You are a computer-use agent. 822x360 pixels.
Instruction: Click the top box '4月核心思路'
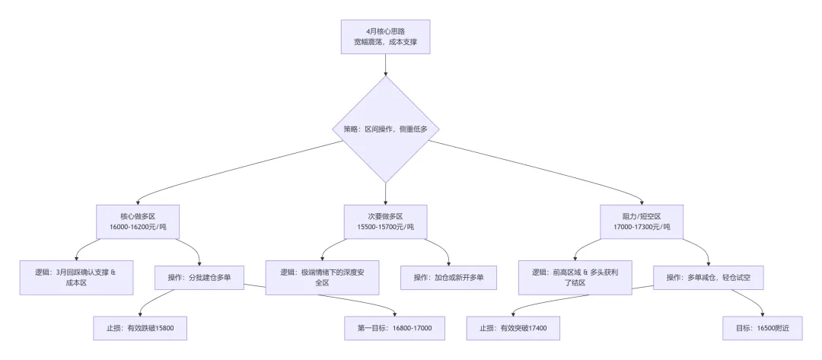point(385,37)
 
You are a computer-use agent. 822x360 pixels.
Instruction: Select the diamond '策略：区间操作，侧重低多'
point(385,129)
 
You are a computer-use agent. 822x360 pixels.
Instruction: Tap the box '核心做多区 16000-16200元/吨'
point(137,221)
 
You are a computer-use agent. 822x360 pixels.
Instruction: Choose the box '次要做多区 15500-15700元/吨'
point(385,221)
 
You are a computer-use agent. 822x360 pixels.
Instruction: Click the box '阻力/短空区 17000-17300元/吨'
point(641,221)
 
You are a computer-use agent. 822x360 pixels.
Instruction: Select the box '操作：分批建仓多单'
point(200,277)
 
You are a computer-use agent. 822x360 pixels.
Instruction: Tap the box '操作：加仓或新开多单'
point(448,277)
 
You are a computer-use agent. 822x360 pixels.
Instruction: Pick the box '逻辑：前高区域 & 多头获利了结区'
point(575,277)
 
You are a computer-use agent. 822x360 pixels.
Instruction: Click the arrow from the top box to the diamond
point(385,65)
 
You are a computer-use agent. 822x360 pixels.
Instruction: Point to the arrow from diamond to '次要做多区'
point(385,193)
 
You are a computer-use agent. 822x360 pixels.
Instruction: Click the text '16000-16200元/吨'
point(137,228)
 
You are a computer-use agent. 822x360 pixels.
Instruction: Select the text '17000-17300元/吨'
point(641,228)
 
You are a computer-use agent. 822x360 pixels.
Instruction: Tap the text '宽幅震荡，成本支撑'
point(385,42)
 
